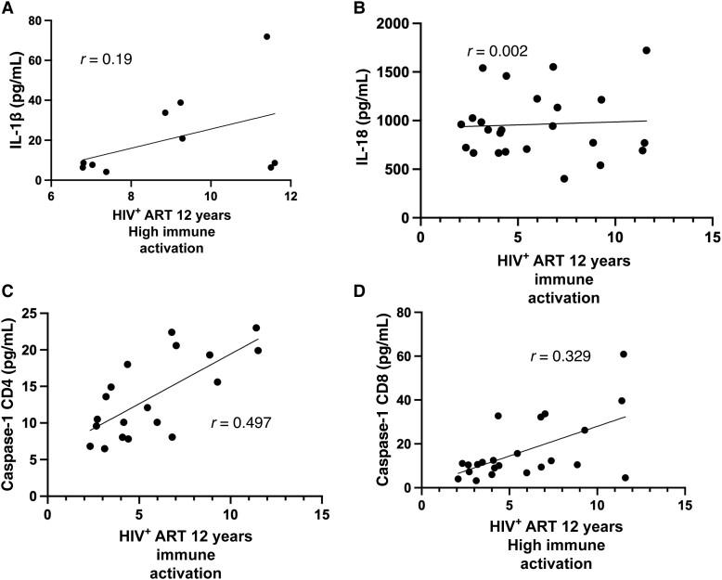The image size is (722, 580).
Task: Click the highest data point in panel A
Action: [266, 37]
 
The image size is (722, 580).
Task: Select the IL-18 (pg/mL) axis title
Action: [374, 118]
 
